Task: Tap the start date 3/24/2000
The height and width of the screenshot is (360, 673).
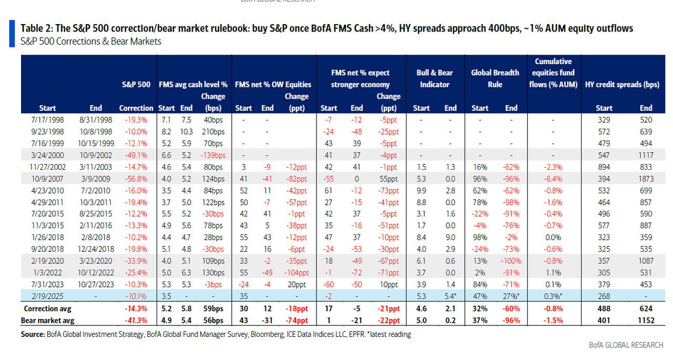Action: pos(47,155)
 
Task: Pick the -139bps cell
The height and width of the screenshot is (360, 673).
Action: pos(213,155)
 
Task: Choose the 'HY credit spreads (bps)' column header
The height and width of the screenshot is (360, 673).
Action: pos(623,84)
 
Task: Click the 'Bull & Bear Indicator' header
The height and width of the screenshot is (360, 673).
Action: pos(434,78)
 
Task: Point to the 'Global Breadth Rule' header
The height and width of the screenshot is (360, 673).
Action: pos(495,78)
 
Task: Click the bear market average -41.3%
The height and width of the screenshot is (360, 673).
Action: pos(135,320)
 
